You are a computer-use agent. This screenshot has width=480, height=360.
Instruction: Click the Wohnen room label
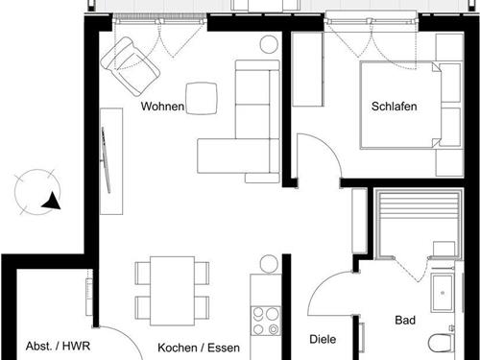161,107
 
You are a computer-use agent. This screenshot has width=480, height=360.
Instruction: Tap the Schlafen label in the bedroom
394,107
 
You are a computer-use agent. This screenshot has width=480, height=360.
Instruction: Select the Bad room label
405,320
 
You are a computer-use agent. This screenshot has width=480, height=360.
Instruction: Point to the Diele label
322,339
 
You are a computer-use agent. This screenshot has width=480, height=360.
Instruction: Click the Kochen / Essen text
199,348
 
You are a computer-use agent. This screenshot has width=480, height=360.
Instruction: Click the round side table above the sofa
269,43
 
